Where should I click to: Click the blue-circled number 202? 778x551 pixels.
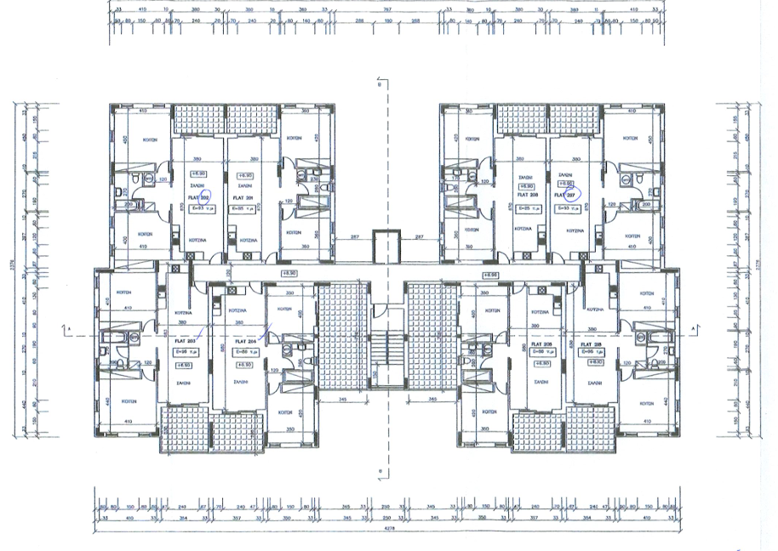click(x=205, y=195)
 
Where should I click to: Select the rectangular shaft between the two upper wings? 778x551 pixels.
click(x=388, y=247)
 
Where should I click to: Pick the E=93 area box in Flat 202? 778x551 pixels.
click(x=198, y=207)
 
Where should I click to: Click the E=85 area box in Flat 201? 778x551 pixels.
click(x=243, y=207)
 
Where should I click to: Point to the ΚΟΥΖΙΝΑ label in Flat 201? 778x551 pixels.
click(x=245, y=229)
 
